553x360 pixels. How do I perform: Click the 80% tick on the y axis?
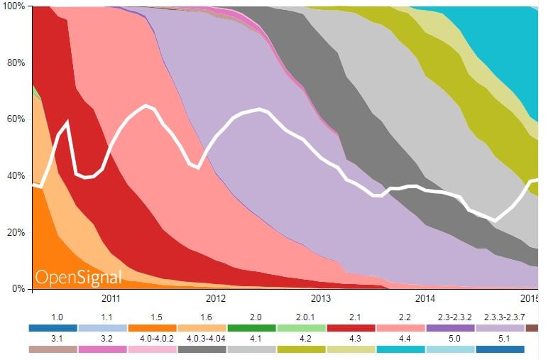point(16,62)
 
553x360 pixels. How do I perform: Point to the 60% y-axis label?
point(16,119)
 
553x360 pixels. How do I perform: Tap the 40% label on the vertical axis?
point(16,176)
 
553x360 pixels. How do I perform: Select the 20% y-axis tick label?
point(16,233)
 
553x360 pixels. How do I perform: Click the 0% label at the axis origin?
point(18,289)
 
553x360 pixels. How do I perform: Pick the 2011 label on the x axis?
point(111,298)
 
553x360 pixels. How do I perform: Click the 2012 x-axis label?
point(216,298)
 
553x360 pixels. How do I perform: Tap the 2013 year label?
point(321,298)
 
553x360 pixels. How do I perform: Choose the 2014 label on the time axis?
point(425,298)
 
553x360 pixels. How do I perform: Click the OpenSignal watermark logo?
point(79,277)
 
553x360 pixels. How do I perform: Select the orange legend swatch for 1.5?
point(153,328)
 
